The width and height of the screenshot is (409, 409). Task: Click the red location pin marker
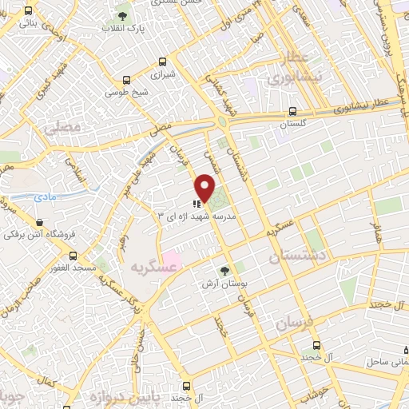tap(205, 187)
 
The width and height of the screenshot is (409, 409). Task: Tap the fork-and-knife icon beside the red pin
tap(197, 205)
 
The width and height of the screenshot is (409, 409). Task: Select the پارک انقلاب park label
tap(122, 28)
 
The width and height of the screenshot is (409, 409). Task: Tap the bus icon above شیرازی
tap(163, 62)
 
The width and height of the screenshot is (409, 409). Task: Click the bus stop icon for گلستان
tap(293, 113)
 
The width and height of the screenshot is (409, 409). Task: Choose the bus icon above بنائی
tap(30, 11)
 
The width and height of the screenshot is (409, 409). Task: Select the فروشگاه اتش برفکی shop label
tap(39, 235)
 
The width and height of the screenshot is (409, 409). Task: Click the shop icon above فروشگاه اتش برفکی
tap(39, 222)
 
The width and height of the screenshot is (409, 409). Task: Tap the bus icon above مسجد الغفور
tap(73, 256)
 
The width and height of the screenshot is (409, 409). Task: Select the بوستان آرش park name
tap(225, 284)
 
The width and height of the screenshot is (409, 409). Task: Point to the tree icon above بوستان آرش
tap(225, 271)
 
